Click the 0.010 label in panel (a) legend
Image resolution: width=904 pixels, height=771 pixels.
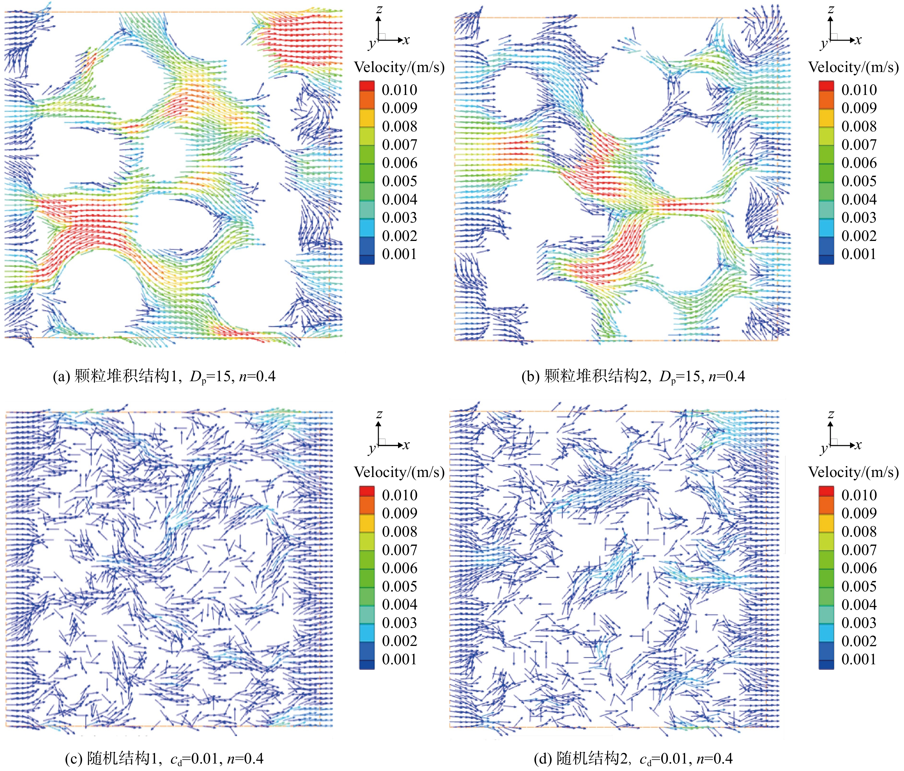[399, 90]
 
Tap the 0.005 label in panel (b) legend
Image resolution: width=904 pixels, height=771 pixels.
[859, 181]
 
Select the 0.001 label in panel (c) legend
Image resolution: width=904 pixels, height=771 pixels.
[399, 659]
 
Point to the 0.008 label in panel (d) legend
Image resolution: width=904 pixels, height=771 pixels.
[859, 531]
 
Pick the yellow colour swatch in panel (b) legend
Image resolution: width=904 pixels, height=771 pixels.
[826, 118]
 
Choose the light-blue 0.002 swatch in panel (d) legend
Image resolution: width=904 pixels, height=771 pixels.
[826, 633]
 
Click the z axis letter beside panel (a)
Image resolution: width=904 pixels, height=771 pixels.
[379, 9]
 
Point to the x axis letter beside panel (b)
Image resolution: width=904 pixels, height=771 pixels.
[858, 40]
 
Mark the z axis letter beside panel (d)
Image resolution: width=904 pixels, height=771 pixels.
[831, 414]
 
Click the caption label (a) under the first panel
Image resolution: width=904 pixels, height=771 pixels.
[61, 376]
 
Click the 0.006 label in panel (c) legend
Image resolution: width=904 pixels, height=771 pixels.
[399, 568]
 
